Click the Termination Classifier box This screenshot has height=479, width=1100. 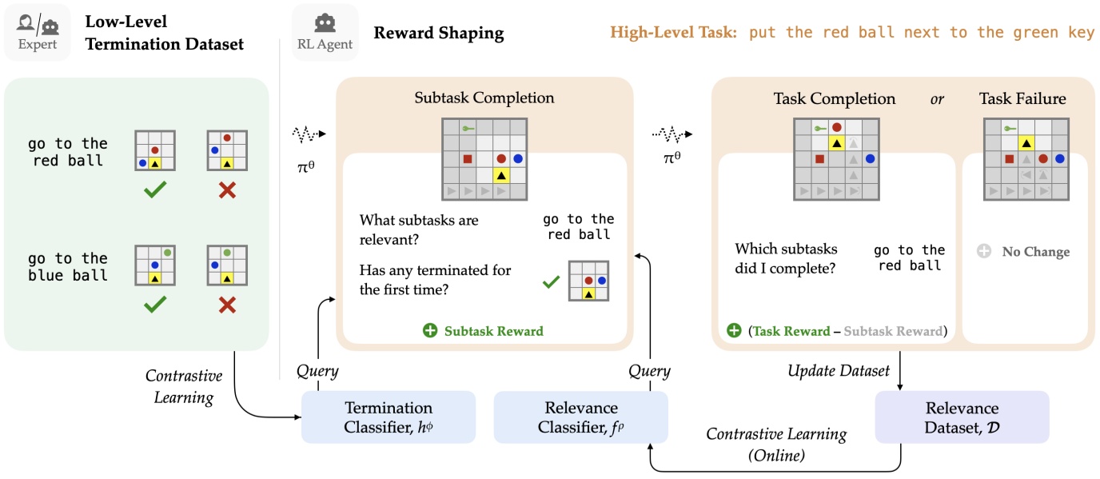tap(388, 417)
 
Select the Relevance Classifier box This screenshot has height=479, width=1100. tap(580, 417)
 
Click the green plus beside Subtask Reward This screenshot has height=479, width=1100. tap(430, 330)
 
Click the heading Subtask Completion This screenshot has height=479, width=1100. tap(484, 98)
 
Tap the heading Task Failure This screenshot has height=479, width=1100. tap(1022, 98)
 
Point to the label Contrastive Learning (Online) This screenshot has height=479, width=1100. tap(775, 444)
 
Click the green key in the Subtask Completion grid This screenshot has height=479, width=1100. tap(468, 128)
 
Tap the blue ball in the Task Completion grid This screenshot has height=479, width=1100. tap(870, 159)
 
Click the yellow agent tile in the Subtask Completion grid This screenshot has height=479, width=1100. tap(501, 175)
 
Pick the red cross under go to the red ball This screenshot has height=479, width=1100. tap(227, 190)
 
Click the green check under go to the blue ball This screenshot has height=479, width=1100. tap(154, 305)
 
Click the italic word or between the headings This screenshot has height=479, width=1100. tap(938, 98)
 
